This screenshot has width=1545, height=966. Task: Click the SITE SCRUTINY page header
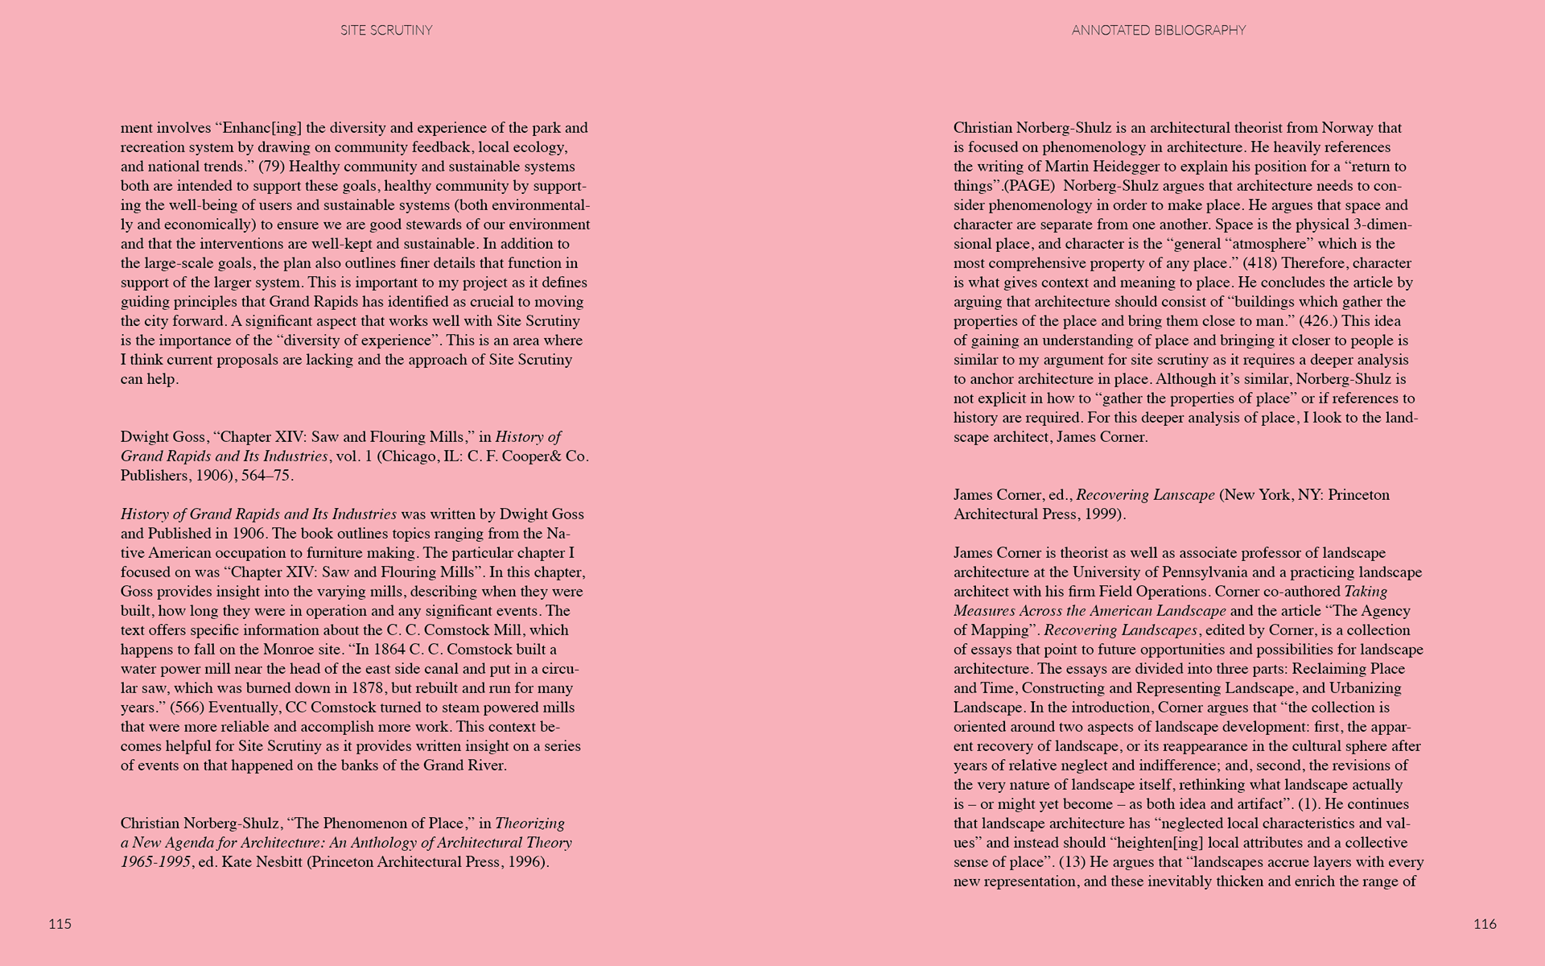coord(386,31)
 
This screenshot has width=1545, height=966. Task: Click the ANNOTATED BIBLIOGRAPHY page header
coord(1158,31)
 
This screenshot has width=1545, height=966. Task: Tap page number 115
coord(60,924)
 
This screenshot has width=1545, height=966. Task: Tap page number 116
coord(1485,924)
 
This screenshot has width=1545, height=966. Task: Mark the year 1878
coord(370,688)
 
